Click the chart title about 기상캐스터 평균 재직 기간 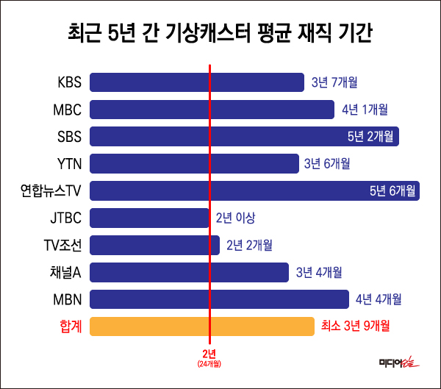pos(220,34)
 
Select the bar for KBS pos(196,82)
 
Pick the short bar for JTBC pos(149,218)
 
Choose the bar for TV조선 pos(154,245)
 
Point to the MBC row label pos(67,110)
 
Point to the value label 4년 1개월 pos(365,110)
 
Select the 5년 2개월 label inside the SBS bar pos(370,137)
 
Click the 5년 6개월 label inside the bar pos(392,191)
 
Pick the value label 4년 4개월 pos(379,299)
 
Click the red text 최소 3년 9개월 pos(355,326)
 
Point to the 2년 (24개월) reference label pos(209,357)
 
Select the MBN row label pos(67,299)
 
